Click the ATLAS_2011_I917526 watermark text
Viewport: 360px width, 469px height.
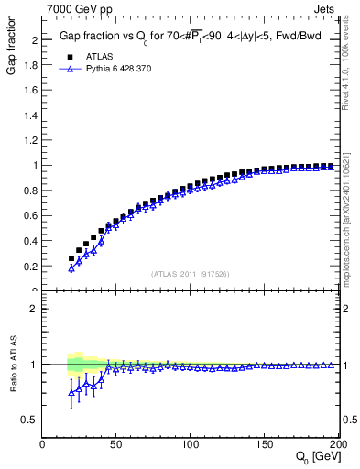pyautogui.click(x=191, y=274)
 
